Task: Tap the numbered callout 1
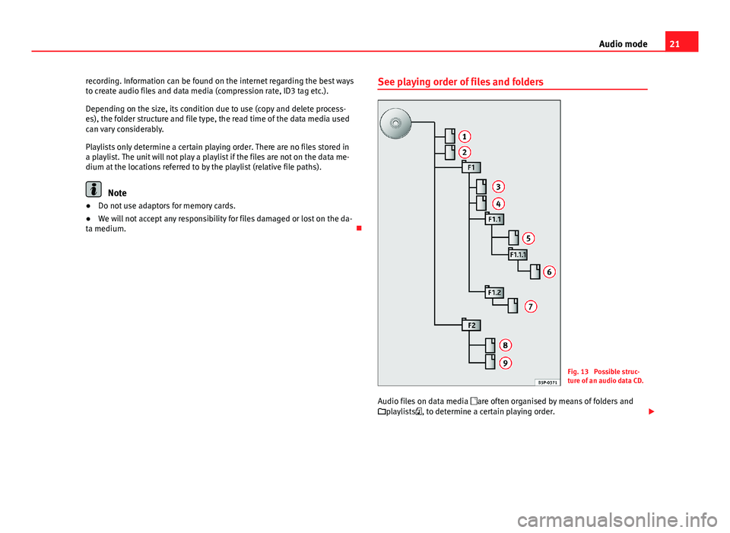pyautogui.click(x=463, y=135)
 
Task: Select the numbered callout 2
pyautogui.click(x=463, y=152)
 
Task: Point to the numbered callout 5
pyautogui.click(x=527, y=238)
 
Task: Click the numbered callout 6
pyautogui.click(x=549, y=271)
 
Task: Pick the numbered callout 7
pyautogui.click(x=529, y=306)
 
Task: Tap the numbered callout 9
pyautogui.click(x=506, y=363)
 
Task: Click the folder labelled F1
pyautogui.click(x=471, y=167)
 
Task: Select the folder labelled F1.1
pyautogui.click(x=495, y=219)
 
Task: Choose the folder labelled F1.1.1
pyautogui.click(x=517, y=255)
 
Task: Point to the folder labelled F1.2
pyautogui.click(x=494, y=292)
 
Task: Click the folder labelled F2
pyautogui.click(x=471, y=325)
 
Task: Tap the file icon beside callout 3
pyautogui.click(x=481, y=186)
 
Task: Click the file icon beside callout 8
pyautogui.click(x=490, y=344)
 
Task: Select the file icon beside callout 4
pyautogui.click(x=481, y=204)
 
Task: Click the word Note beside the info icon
pyautogui.click(x=118, y=193)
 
